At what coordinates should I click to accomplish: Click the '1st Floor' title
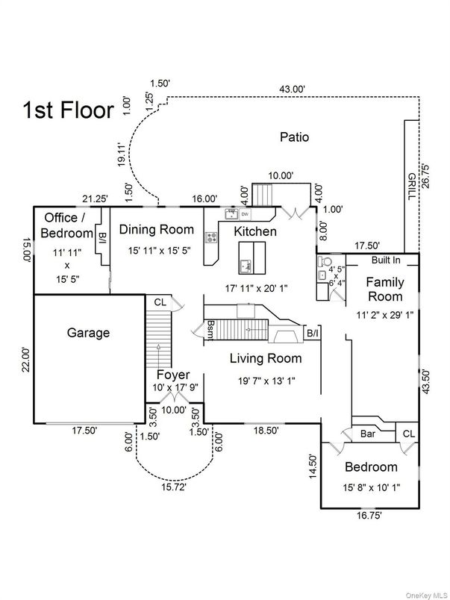click(x=68, y=110)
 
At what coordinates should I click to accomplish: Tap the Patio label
click(x=294, y=137)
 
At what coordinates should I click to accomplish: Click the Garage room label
click(x=88, y=333)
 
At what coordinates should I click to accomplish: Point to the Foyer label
click(x=172, y=375)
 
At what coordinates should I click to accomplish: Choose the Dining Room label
click(x=157, y=230)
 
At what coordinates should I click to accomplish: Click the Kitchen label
click(x=255, y=231)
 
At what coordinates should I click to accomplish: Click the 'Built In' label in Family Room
click(x=386, y=260)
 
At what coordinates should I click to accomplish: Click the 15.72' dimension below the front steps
click(x=172, y=487)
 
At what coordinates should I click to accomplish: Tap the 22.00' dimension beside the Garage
click(x=25, y=359)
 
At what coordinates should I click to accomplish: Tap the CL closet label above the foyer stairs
click(x=160, y=302)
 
